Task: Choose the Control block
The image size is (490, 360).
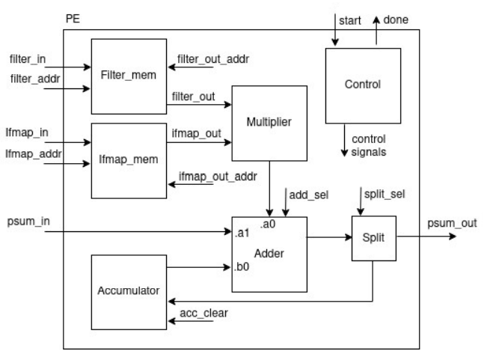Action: (361, 85)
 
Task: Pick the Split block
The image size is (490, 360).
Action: (373, 238)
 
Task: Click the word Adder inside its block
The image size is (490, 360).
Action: (269, 253)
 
